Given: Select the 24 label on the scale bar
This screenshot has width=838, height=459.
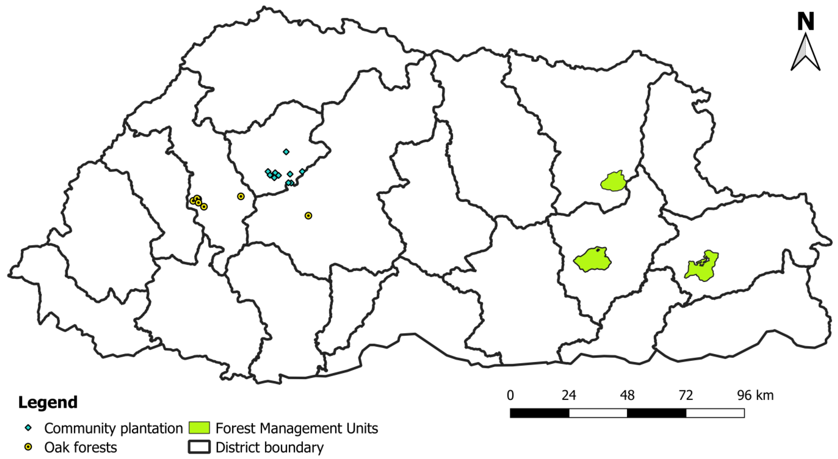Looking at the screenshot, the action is [569, 396].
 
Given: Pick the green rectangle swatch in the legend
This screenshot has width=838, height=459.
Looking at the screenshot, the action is [199, 428].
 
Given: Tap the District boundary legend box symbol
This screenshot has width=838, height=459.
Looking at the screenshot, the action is [199, 447].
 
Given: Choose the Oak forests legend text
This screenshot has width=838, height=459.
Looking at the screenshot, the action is [81, 448].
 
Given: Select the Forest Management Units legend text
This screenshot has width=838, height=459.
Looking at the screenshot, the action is [297, 428].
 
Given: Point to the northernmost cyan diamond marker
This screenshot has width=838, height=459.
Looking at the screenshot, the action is [286, 152].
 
